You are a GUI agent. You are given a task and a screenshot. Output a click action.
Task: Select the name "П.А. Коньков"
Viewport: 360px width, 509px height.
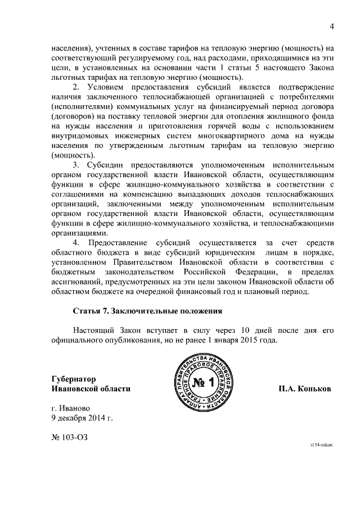pos(304,389)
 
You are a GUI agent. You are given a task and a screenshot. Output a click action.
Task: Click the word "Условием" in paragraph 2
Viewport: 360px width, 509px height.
pos(107,88)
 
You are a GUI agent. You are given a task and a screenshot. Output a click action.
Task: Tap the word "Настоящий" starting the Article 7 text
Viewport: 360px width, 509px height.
pos(93,330)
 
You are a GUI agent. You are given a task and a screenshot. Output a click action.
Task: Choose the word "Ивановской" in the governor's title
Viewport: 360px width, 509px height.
pos(71,389)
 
